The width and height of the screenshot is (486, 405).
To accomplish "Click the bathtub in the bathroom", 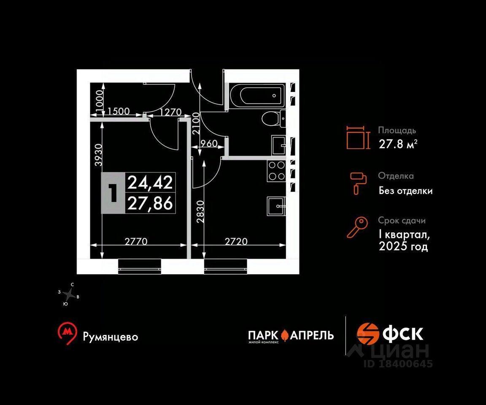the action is (257, 95).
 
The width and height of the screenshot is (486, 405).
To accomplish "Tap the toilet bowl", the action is (273, 119).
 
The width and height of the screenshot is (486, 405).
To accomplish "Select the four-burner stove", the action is (276, 171).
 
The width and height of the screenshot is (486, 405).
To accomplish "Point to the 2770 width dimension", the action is (136, 241).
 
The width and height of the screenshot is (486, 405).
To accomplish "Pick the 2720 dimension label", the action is (236, 241).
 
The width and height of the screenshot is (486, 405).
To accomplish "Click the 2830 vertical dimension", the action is (200, 212).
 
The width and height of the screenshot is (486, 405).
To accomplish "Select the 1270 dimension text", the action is (170, 111).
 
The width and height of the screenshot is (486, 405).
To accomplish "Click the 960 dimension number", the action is (209, 143).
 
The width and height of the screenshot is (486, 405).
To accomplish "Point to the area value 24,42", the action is (150, 182).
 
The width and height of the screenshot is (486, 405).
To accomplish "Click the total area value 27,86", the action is (150, 203).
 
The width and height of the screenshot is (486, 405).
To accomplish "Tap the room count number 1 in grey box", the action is (113, 193).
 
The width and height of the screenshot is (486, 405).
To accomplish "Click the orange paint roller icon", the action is (358, 183).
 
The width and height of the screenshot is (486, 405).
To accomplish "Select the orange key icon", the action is (357, 227).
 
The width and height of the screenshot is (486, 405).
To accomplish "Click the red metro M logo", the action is (67, 334).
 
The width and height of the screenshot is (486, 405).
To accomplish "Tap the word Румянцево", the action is (111, 337).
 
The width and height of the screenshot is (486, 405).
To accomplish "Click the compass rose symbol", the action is (69, 294).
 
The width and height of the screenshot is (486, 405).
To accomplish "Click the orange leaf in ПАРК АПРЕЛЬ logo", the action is (285, 335).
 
